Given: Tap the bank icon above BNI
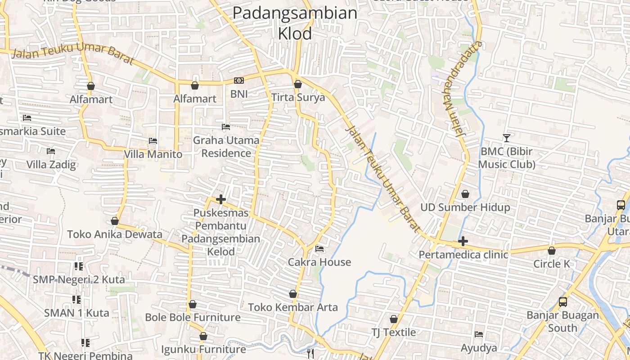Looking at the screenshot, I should point(239,81).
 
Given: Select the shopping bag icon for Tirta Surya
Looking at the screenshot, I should point(297,84).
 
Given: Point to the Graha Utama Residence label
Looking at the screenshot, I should point(226,147).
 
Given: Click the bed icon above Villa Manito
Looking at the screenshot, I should point(153,141).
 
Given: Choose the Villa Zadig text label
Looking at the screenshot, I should point(51,164).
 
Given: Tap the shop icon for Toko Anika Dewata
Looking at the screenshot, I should point(115,221).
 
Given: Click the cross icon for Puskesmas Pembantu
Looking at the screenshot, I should point(220,199).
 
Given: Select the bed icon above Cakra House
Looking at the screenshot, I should point(319,248).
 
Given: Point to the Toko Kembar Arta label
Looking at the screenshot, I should point(293,307).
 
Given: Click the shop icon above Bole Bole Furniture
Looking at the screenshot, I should point(193,304).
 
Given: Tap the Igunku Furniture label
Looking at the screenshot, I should point(203,349).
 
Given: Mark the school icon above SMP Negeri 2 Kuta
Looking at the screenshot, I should point(79,266).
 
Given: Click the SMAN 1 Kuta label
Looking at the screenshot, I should point(76,313).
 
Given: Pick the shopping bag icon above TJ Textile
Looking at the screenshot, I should point(394,319).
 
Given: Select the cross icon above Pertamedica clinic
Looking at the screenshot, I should point(463,242).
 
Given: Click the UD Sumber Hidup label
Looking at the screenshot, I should point(465,207).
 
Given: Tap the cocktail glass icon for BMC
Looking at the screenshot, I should point(507,138).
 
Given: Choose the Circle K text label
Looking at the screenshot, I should point(551,264).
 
